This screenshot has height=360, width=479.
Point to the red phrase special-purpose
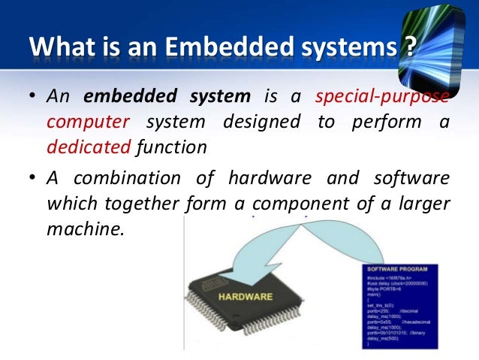pyautogui.click(x=383, y=97)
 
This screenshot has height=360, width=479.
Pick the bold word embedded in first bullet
pyautogui.click(x=118, y=97)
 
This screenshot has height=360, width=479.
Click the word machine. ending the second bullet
pyautogui.click(x=83, y=228)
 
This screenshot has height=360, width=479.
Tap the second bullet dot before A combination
pyautogui.click(x=34, y=179)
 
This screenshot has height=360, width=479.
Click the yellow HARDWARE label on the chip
pyautogui.click(x=246, y=297)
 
